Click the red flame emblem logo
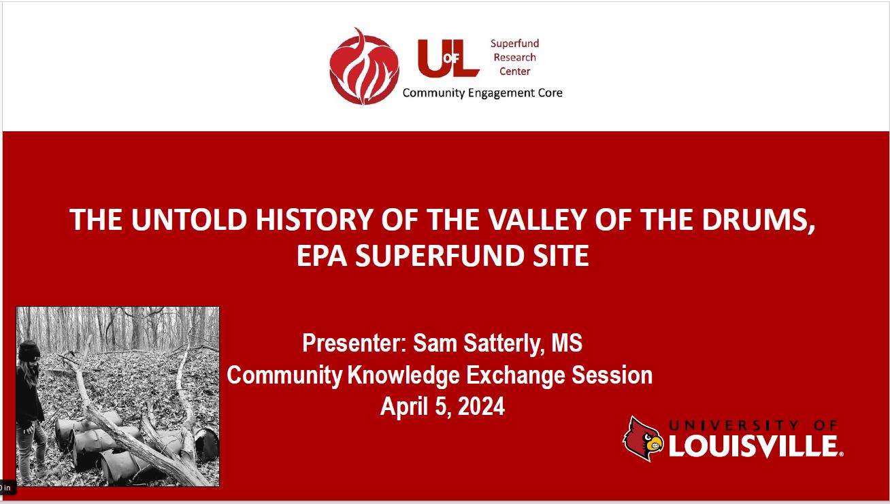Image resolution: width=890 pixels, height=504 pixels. [364, 67]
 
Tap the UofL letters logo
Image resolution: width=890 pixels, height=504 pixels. [448, 58]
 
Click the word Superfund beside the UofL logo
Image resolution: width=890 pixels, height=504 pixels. [514, 44]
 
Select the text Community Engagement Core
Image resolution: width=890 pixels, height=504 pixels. [482, 93]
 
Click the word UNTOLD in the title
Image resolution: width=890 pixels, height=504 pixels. [189, 219]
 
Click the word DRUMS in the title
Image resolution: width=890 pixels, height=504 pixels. [755, 219]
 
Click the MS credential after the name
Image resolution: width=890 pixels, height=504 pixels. [567, 343]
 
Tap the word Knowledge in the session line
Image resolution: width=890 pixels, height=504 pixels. [403, 375]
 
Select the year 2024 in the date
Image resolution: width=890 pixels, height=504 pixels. [481, 406]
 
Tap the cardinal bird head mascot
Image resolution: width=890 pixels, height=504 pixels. [643, 439]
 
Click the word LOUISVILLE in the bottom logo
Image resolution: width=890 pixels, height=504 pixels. [754, 446]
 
